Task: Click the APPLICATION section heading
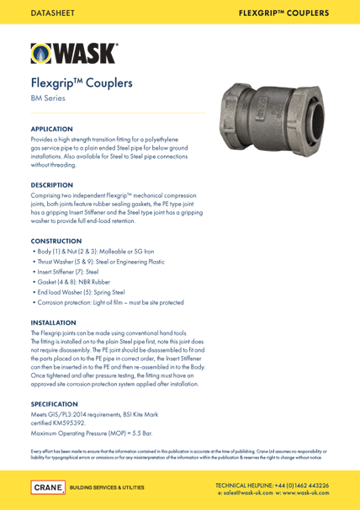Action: coord(52,129)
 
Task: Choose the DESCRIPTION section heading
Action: coord(51,184)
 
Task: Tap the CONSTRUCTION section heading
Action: coord(57,241)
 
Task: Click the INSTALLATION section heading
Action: coord(53,322)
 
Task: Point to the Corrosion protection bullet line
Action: coord(108,302)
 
